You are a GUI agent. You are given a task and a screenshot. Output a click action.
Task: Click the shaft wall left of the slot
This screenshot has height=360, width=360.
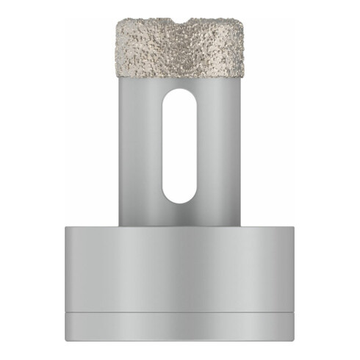140,147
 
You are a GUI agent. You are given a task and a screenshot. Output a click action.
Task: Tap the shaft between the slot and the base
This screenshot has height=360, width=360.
179,215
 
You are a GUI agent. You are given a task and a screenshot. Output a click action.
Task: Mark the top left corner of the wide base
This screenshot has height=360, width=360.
66,226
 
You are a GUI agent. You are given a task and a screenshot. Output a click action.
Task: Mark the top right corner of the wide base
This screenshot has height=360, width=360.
292,226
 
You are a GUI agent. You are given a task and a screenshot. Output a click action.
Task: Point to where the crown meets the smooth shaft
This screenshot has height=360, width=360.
179,78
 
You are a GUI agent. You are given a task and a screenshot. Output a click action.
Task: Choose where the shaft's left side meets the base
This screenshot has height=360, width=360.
120,225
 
